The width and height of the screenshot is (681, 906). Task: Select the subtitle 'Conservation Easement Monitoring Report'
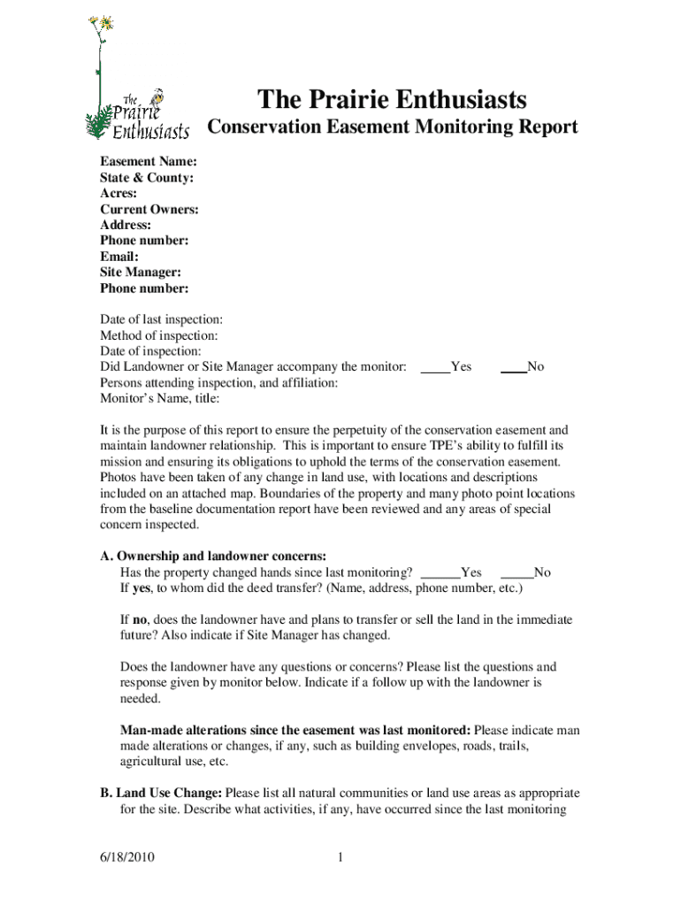coord(392,127)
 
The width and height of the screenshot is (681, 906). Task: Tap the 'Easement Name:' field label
coord(148,162)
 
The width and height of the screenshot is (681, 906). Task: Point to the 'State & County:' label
coord(147,178)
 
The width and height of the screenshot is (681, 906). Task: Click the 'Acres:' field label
coord(119,194)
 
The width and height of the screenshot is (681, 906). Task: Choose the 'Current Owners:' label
coord(149,210)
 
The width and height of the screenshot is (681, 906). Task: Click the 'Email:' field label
coord(119,257)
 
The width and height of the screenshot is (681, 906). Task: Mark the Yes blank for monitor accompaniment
coord(435,367)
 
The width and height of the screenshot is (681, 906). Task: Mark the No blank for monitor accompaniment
coord(514,367)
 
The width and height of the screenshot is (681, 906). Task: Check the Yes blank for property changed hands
coord(440,572)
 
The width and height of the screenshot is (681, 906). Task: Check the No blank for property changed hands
coord(516,572)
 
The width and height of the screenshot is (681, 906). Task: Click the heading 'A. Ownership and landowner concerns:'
coord(213,557)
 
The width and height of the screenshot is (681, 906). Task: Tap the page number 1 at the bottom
coord(340,857)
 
